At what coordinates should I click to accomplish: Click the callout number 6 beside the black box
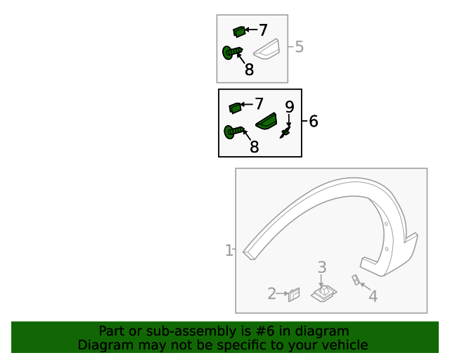(314, 121)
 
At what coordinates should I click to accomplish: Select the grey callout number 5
(300, 47)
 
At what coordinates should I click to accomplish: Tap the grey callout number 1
(229, 250)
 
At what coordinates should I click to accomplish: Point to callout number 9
(290, 107)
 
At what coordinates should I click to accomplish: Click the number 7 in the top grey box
(263, 30)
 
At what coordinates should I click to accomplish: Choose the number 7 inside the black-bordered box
(259, 103)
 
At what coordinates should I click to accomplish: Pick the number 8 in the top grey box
(250, 70)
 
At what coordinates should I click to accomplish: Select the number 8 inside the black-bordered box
(255, 147)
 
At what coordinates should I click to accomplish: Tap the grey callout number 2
(272, 294)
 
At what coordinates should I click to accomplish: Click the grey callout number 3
(322, 267)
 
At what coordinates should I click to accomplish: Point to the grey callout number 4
(373, 296)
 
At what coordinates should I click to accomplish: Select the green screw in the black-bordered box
(234, 132)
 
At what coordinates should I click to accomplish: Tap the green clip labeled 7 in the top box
(239, 32)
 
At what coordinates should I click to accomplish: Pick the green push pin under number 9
(285, 132)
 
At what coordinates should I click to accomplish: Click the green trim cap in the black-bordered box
(266, 121)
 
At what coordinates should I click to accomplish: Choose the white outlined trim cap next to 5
(266, 49)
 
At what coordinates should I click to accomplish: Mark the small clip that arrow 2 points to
(294, 295)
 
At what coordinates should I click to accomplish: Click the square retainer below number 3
(324, 294)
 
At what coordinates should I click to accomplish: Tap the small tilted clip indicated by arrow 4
(356, 280)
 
